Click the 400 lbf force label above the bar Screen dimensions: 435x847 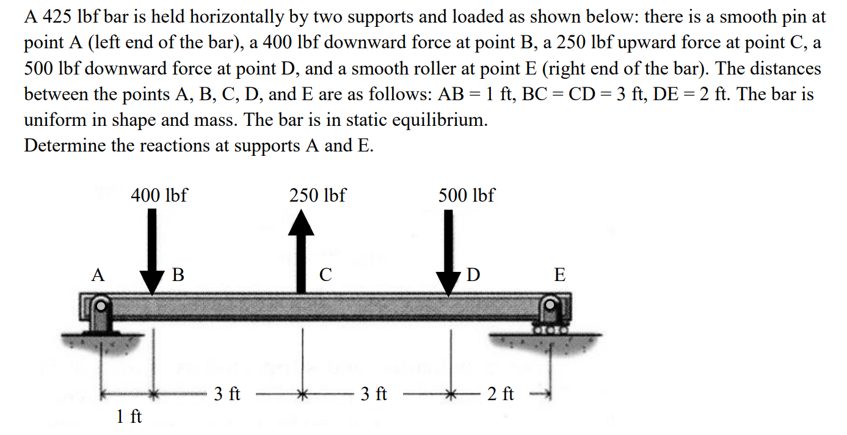tap(159, 196)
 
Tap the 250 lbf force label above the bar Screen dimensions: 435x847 tap(318, 196)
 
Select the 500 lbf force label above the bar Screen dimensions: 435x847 tap(467, 196)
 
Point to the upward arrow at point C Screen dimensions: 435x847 tap(300, 250)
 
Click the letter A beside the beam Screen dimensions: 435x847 tap(97, 275)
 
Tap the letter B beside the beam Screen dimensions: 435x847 tap(178, 275)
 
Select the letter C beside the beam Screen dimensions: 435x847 tap(326, 275)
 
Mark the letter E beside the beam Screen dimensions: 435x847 tap(559, 275)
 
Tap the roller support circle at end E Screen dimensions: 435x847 tap(551, 304)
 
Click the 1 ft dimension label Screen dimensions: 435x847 tap(128, 417)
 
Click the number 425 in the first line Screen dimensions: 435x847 tap(56, 17)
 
